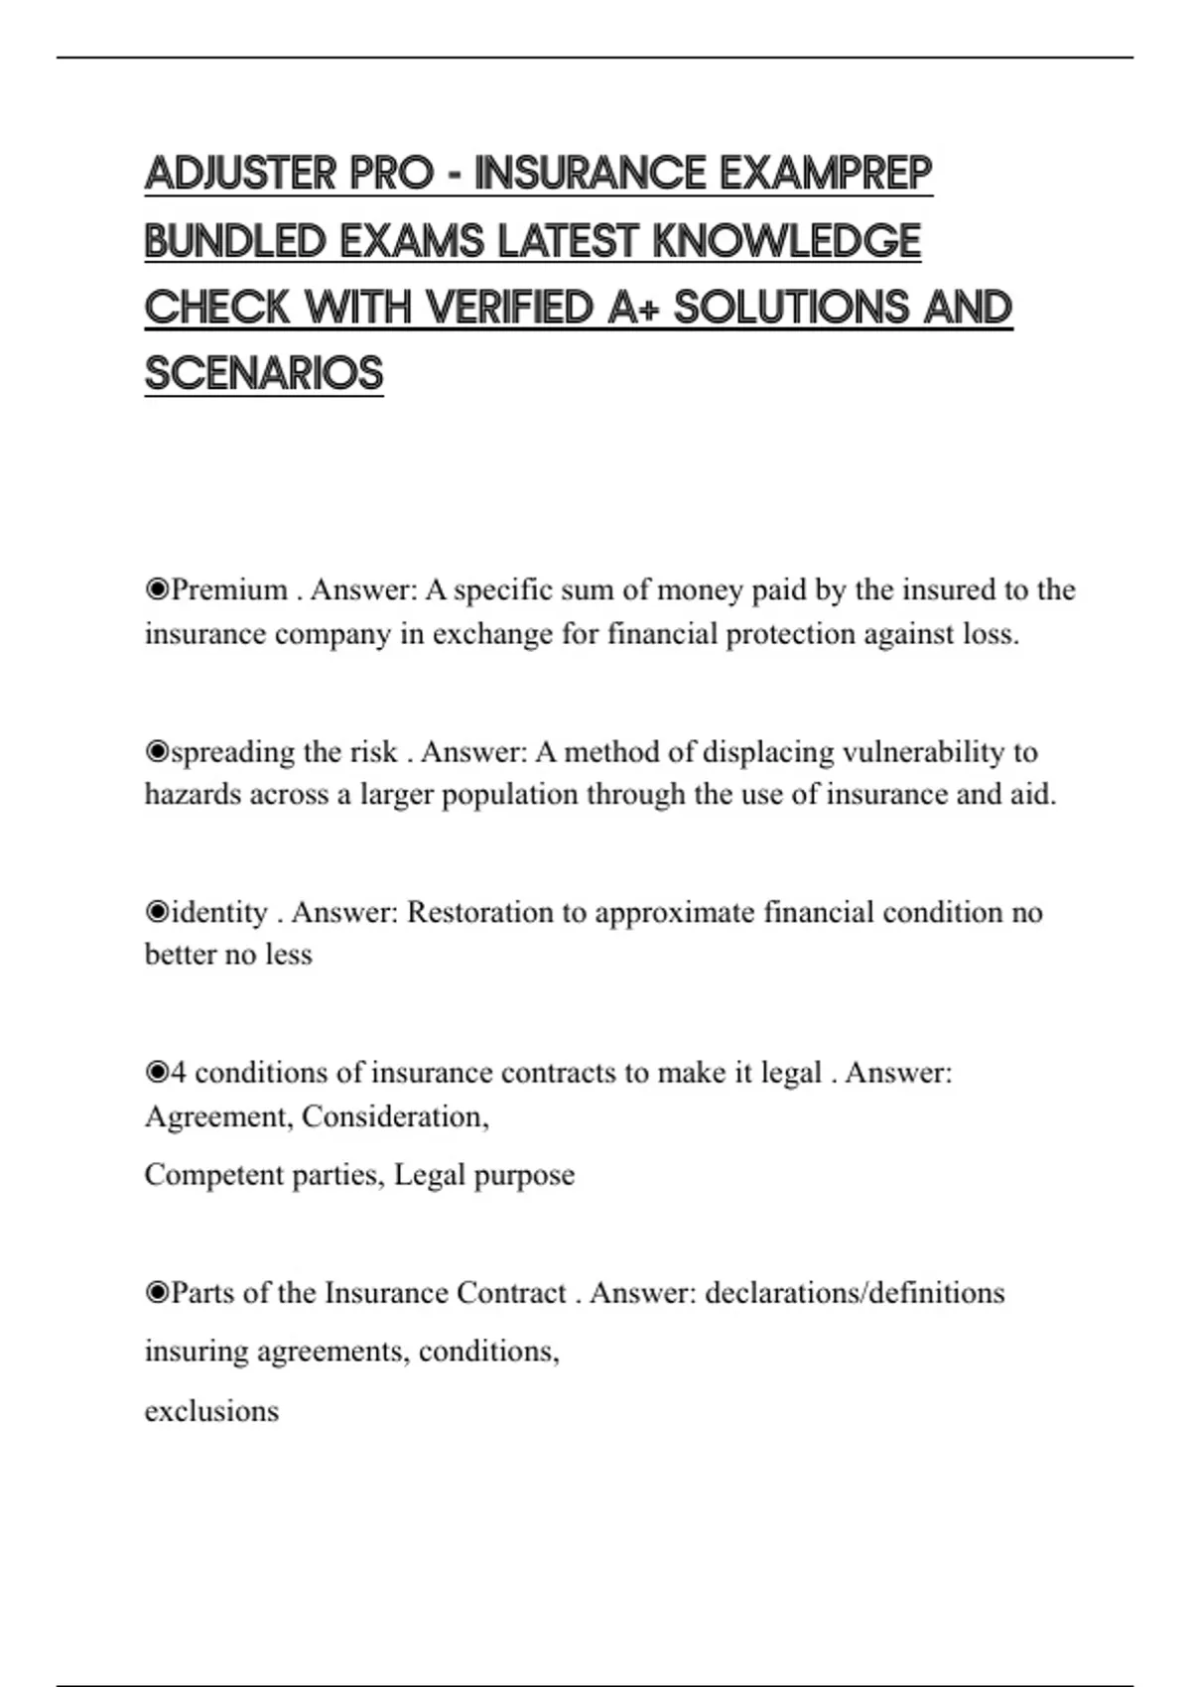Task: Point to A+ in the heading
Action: [634, 309]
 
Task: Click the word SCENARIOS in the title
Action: [264, 375]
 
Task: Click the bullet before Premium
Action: [157, 590]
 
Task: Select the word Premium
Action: [229, 590]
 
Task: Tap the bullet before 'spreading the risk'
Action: [157, 752]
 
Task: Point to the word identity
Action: [219, 913]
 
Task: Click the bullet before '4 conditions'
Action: [157, 1073]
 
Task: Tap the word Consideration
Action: [394, 1117]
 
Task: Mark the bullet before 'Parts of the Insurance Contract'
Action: [157, 1293]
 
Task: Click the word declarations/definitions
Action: [855, 1293]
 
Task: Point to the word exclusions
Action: [211, 1411]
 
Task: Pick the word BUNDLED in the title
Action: [236, 242]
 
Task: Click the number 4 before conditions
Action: [179, 1073]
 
